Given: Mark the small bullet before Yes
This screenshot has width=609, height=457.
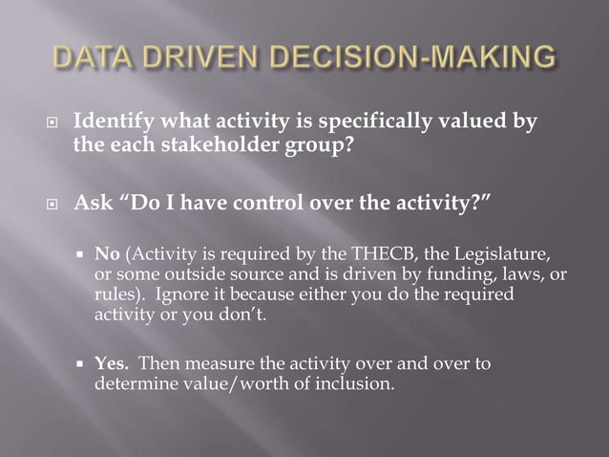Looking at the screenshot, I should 81,365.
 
